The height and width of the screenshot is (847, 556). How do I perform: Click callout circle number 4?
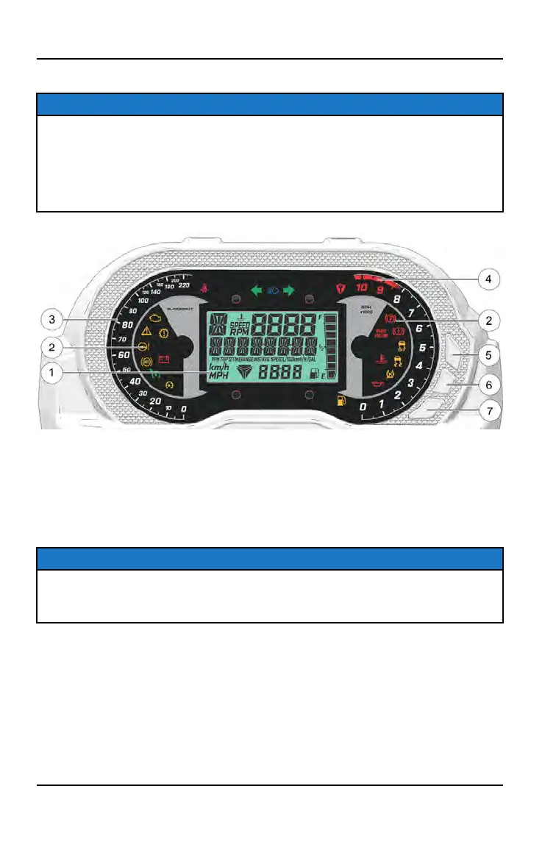click(488, 279)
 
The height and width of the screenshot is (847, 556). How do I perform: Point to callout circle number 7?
click(488, 410)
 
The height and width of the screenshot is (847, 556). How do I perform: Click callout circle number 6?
click(488, 383)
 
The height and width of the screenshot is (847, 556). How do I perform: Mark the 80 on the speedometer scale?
click(107, 326)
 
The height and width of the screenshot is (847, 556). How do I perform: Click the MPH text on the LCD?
click(218, 376)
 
